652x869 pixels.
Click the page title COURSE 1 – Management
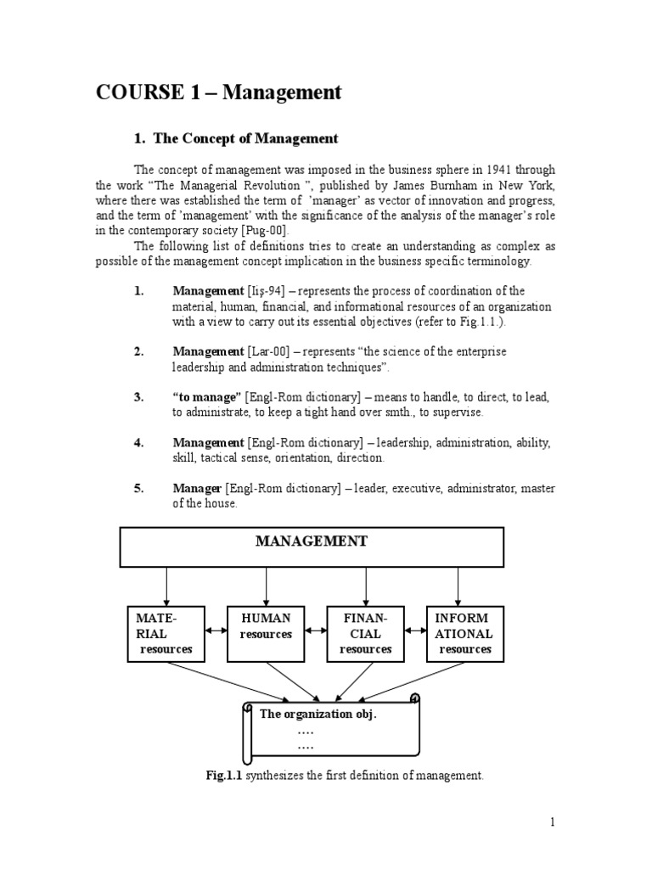tap(218, 93)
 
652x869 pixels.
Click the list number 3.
tap(139, 396)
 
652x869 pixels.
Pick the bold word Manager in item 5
tap(197, 488)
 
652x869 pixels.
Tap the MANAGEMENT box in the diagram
tap(312, 547)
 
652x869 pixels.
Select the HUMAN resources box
tap(266, 633)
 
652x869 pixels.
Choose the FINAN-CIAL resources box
tap(365, 633)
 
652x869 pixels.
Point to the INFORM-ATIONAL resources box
tap(464, 633)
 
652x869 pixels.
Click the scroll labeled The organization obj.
tap(331, 728)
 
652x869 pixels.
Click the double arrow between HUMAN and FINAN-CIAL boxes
tap(316, 631)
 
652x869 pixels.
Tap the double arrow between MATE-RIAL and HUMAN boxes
tap(216, 631)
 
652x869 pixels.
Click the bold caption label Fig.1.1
tap(224, 775)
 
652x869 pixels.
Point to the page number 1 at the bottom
tap(551, 821)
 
